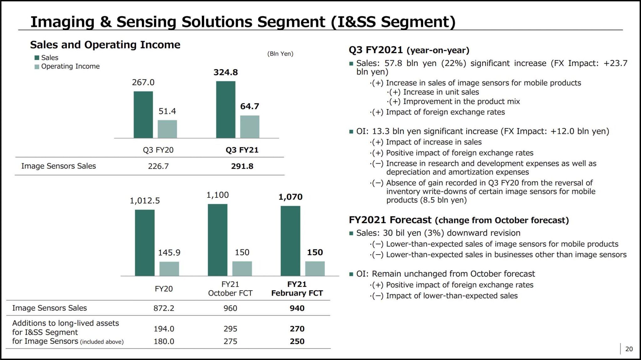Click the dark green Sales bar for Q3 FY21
pyautogui.click(x=225, y=109)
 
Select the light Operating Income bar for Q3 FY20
pyautogui.click(x=167, y=129)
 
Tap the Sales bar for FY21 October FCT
pyautogui.click(x=218, y=240)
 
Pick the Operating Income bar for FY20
pyautogui.click(x=169, y=269)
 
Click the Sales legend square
pyautogui.click(x=37, y=58)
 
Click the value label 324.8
pyautogui.click(x=226, y=72)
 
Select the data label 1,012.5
pyautogui.click(x=145, y=200)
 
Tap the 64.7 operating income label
pyautogui.click(x=249, y=106)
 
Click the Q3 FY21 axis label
pyautogui.click(x=242, y=150)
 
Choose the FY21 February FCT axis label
pyautogui.click(x=297, y=289)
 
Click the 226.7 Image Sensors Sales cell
pyautogui.click(x=158, y=166)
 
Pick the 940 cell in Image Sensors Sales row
pyautogui.click(x=297, y=308)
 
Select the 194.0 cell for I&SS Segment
pyautogui.click(x=164, y=329)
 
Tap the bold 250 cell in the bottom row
pyautogui.click(x=297, y=341)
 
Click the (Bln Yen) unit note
pyautogui.click(x=280, y=54)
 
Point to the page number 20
pyautogui.click(x=629, y=349)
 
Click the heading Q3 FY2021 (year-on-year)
pyautogui.click(x=409, y=50)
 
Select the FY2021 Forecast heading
pyautogui.click(x=459, y=220)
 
